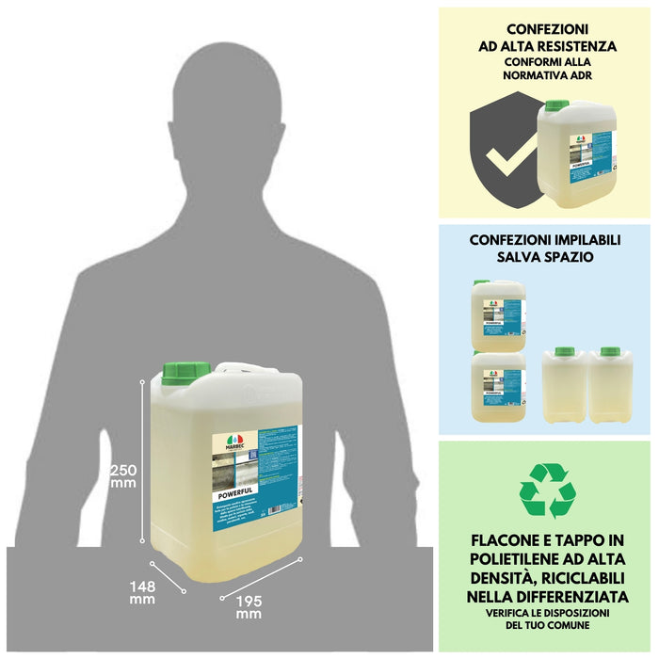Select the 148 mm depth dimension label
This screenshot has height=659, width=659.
click(x=142, y=591)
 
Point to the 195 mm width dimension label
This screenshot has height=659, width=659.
click(x=249, y=606)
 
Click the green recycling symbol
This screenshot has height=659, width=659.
click(x=547, y=490)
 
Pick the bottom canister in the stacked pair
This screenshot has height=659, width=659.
click(x=498, y=387)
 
